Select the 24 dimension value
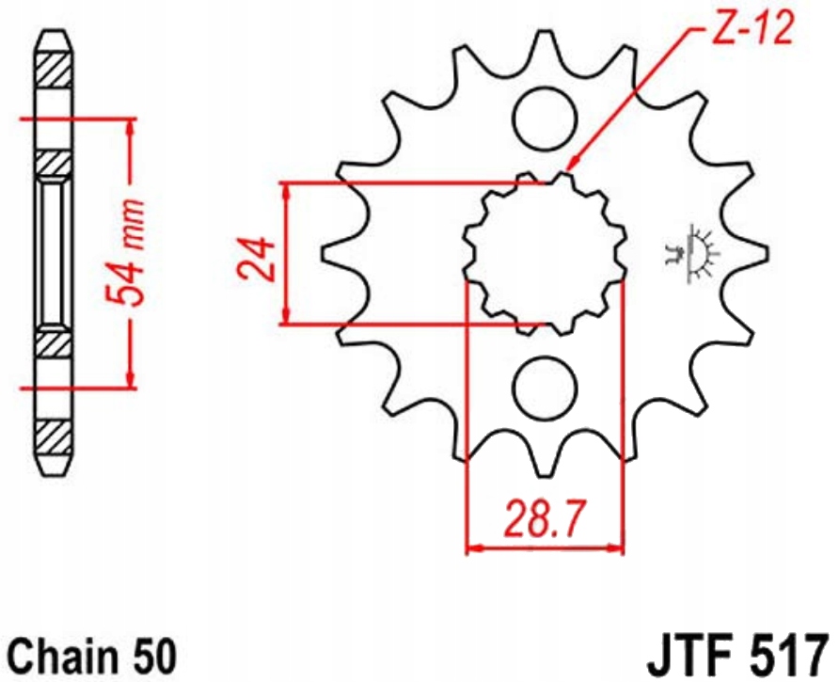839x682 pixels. click(257, 259)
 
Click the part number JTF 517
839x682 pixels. click(737, 656)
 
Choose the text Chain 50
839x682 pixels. click(93, 657)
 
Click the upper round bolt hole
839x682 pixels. click(545, 119)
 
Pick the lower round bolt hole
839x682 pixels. click(545, 389)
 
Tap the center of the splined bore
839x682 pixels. click(545, 253)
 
